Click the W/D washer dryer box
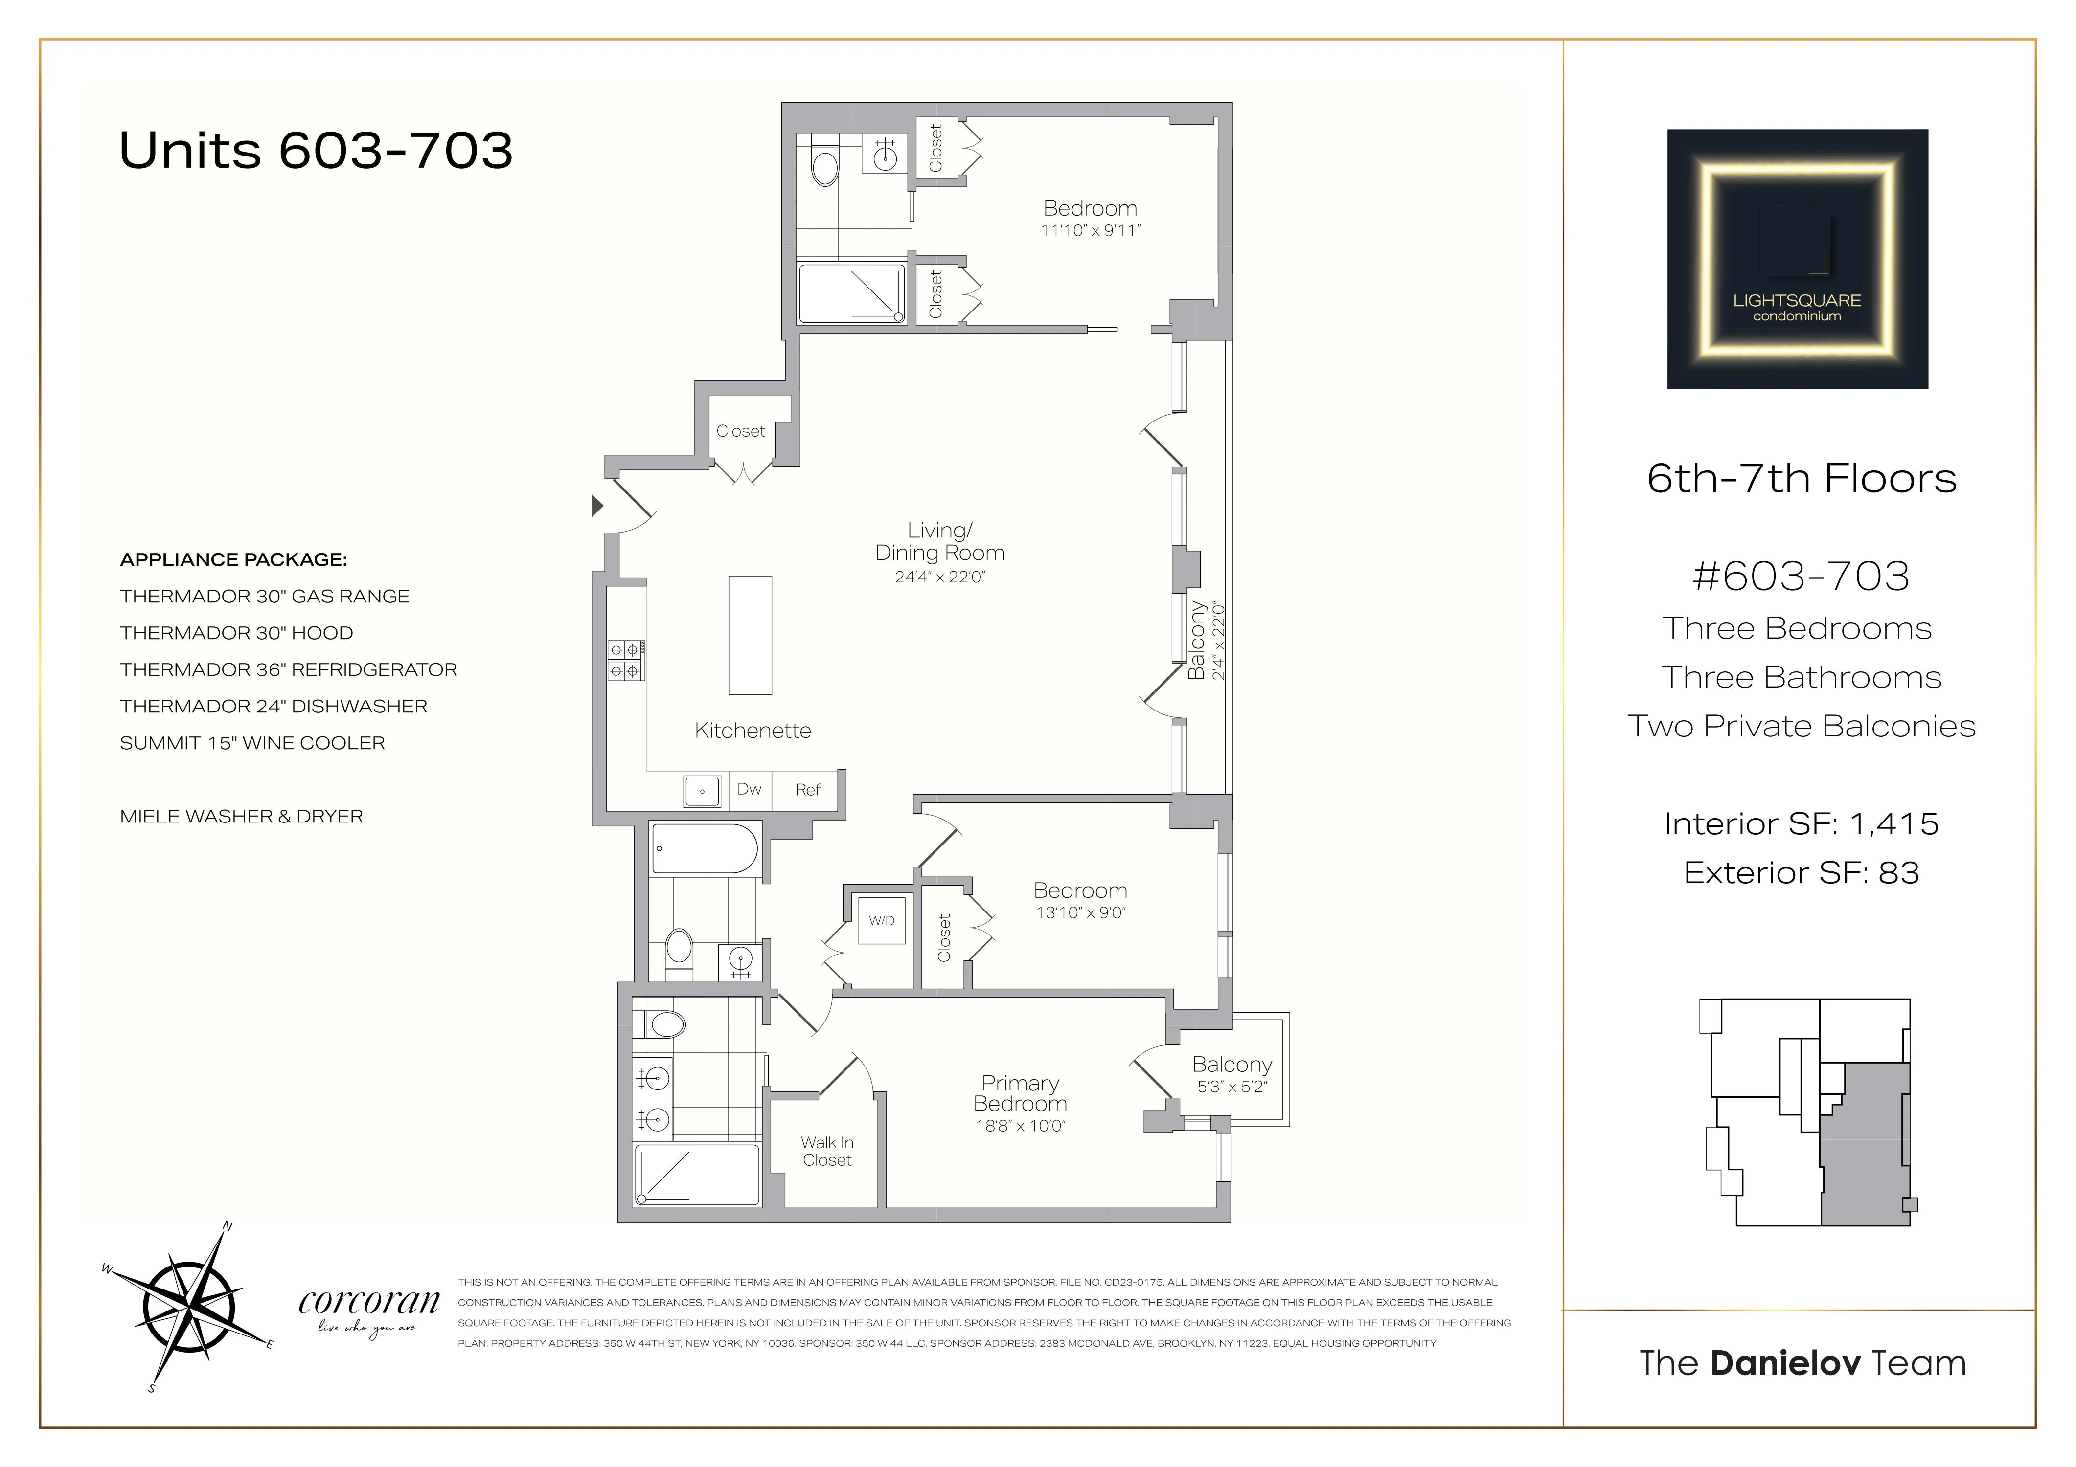[882, 920]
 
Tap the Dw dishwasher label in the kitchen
[749, 789]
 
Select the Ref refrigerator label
[807, 790]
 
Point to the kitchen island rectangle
[750, 635]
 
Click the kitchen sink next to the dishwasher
[703, 791]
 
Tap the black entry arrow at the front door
[597, 505]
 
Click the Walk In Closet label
[826, 1152]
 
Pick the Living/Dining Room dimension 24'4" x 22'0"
[939, 577]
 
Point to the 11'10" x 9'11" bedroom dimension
[1091, 230]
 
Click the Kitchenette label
[753, 731]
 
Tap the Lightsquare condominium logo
[1797, 259]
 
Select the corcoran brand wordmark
[369, 1303]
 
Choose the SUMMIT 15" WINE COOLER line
[252, 743]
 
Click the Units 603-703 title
[316, 150]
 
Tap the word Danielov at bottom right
[1785, 1363]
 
